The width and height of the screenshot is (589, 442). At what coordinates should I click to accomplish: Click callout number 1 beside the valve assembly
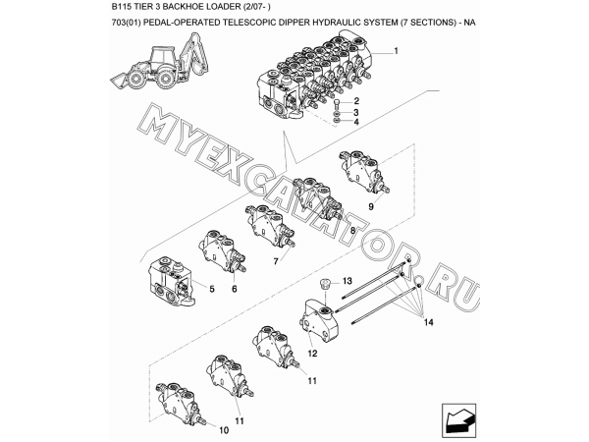point(396,51)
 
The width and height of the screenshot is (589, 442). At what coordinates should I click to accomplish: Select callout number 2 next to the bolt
point(356,101)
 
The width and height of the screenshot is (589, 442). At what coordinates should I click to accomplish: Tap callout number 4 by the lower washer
point(356,122)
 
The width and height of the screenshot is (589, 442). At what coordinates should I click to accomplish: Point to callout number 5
point(212,289)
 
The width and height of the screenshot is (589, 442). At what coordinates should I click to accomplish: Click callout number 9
point(371,206)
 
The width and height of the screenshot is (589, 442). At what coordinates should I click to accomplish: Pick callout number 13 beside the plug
point(347,281)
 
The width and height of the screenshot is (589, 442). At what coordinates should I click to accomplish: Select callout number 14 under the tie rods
point(429,322)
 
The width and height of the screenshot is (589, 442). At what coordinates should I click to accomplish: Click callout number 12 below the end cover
point(312,354)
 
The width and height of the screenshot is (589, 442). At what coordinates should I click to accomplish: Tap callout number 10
point(224,430)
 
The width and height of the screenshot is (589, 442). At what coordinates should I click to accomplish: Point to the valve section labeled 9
point(363,172)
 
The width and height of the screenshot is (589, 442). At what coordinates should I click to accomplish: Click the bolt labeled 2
point(337,104)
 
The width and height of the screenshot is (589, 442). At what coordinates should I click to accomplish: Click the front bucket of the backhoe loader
point(120,81)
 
